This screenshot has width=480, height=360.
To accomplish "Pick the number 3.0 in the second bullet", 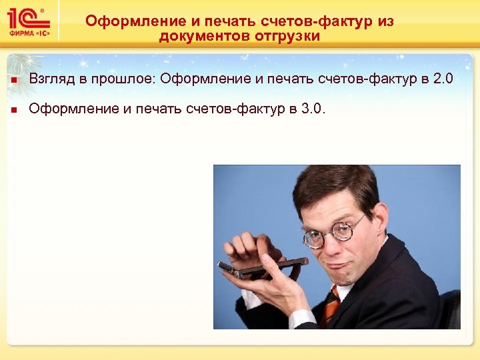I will (314, 108).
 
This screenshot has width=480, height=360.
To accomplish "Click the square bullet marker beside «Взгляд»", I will (13, 81).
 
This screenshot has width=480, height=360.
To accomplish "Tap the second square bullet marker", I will (13, 109).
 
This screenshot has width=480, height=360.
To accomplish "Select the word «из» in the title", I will (385, 21).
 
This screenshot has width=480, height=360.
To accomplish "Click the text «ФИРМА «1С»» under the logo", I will (26, 33).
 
